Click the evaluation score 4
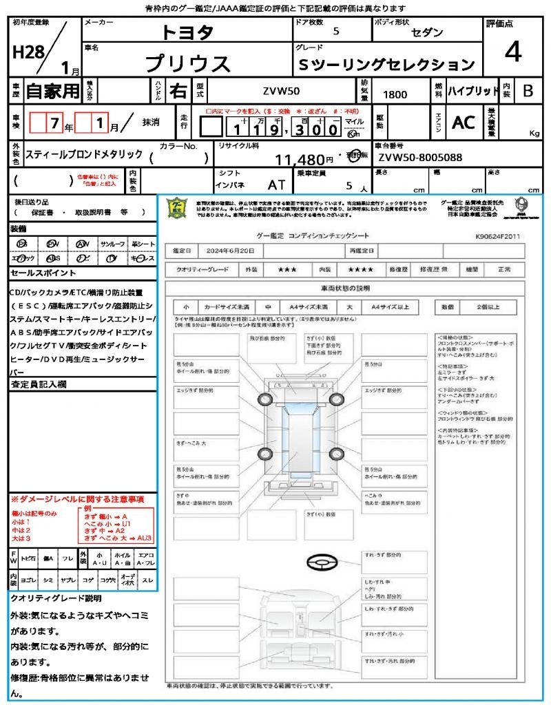(512, 53)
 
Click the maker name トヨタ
(188, 32)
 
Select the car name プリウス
(188, 64)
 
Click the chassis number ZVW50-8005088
(420, 158)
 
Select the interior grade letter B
(527, 91)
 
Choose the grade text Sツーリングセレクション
(386, 65)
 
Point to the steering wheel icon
(321, 563)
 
